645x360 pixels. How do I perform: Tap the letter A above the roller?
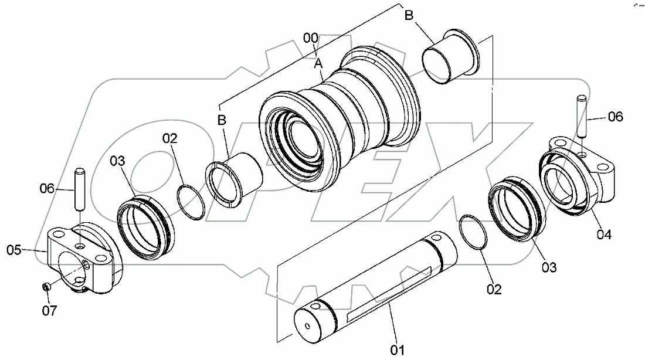[x=318, y=62]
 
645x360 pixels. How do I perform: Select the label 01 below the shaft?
[x=398, y=351]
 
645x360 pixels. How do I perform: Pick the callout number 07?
[x=50, y=311]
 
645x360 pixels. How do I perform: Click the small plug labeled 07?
[x=45, y=287]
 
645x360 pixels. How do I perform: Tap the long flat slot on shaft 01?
[x=390, y=293]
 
